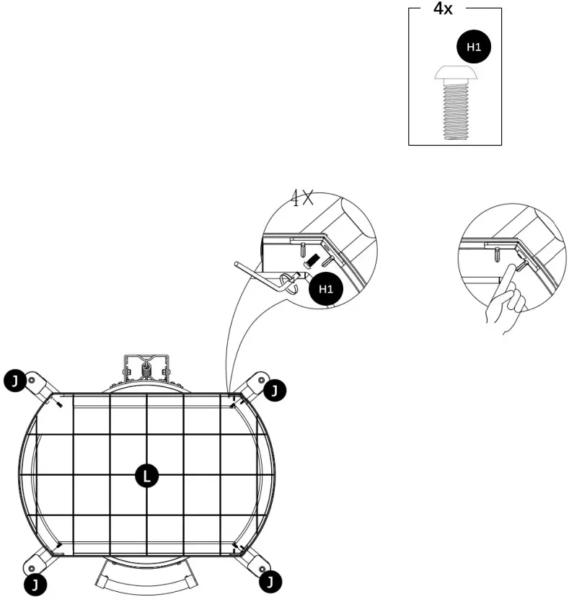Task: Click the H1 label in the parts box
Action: [474, 47]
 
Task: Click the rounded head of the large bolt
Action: [456, 72]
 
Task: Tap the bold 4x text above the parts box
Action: [443, 9]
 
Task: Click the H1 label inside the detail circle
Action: [326, 289]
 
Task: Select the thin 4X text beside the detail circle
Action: [302, 198]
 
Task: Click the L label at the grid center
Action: [147, 476]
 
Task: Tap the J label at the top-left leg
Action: [15, 381]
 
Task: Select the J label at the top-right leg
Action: [275, 391]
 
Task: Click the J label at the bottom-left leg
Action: [35, 585]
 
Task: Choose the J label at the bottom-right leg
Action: [270, 582]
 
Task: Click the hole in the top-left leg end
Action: [32, 380]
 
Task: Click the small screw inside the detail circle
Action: [312, 261]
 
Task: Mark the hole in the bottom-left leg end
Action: [32, 569]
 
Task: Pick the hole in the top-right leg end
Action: [262, 379]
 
